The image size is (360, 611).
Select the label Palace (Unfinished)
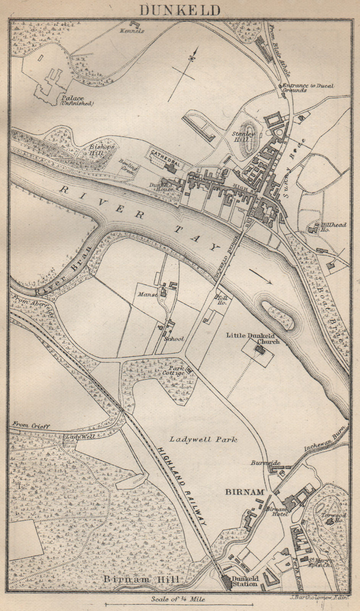click(x=76, y=100)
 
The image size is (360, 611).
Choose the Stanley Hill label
click(x=244, y=137)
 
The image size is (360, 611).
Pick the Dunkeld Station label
click(x=245, y=581)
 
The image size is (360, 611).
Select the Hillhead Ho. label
click(x=334, y=227)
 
